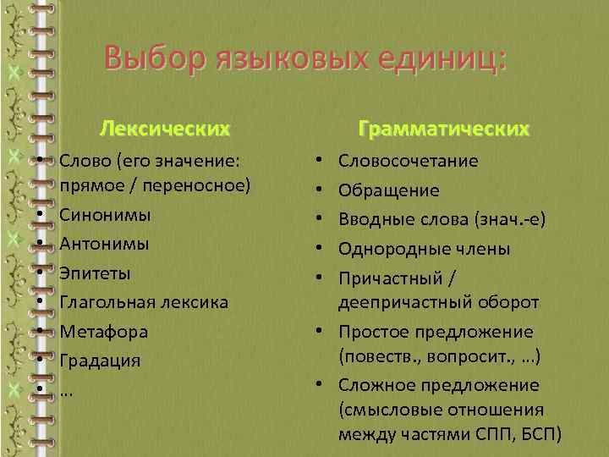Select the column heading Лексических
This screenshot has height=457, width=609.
click(164, 129)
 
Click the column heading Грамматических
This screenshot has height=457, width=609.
click(444, 129)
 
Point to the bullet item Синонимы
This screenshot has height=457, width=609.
click(105, 215)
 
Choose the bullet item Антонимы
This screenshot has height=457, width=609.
click(104, 244)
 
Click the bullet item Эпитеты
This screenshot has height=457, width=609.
click(95, 273)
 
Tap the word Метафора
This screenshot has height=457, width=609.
click(103, 332)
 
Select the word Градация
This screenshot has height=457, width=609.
click(99, 361)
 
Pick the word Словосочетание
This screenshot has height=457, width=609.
click(409, 161)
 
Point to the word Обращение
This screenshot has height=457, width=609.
click(389, 190)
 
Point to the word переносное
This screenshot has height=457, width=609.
click(204, 185)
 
